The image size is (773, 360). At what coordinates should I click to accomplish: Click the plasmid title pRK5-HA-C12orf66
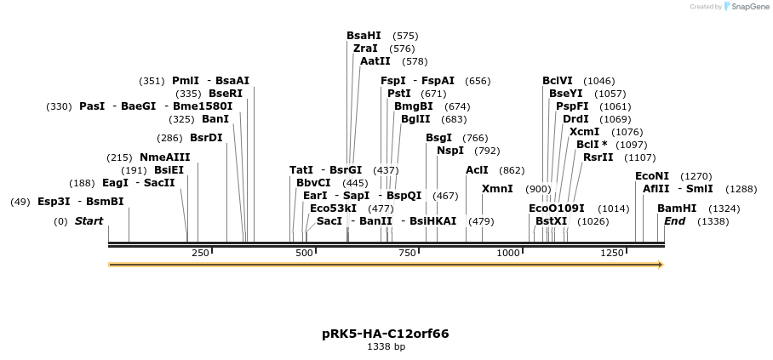[386, 334]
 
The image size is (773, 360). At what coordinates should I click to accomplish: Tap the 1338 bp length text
[386, 347]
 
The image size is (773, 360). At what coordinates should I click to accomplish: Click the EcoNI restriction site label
[652, 176]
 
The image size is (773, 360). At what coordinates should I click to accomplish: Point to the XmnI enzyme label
[497, 189]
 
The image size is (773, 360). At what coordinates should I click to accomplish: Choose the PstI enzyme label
[398, 94]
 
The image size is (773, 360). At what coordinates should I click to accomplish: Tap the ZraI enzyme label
[365, 49]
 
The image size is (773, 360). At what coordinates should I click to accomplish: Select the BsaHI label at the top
[364, 36]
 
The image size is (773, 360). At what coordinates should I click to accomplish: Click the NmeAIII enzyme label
[165, 157]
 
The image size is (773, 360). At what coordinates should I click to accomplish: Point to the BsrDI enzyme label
[206, 138]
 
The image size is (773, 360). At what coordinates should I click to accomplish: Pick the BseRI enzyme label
[226, 94]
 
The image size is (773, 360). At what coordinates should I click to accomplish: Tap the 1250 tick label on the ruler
[612, 253]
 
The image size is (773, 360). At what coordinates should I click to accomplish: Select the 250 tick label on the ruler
[200, 253]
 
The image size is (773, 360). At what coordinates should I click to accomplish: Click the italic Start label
[89, 221]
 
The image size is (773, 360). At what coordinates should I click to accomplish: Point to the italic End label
[674, 221]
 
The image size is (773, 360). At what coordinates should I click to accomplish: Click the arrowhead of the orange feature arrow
[659, 265]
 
